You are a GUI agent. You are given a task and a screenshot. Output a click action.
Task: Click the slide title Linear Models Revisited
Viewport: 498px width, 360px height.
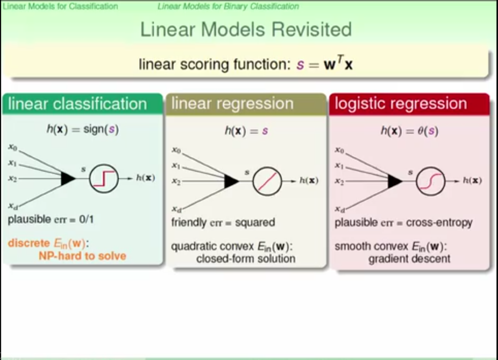pyautogui.click(x=246, y=30)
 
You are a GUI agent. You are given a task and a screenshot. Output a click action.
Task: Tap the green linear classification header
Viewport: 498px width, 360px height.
pyautogui.click(x=78, y=104)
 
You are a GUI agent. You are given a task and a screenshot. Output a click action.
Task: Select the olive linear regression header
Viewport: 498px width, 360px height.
pyautogui.click(x=233, y=103)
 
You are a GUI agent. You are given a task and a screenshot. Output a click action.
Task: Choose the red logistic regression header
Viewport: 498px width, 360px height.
pyautogui.click(x=401, y=103)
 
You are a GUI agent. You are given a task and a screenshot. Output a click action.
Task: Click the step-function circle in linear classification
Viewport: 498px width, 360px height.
pyautogui.click(x=104, y=178)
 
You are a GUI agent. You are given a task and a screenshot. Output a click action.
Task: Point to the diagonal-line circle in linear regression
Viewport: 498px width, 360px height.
pyautogui.click(x=267, y=181)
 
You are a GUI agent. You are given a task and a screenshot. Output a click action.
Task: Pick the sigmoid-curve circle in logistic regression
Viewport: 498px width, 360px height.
pyautogui.click(x=431, y=181)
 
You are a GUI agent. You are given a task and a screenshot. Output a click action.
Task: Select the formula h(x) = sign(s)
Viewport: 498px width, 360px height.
pyautogui.click(x=82, y=130)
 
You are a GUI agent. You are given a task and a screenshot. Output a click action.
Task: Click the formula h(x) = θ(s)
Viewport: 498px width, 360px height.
pyautogui.click(x=409, y=131)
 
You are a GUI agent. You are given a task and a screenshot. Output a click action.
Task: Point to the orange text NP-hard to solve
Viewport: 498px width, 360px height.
pyautogui.click(x=82, y=256)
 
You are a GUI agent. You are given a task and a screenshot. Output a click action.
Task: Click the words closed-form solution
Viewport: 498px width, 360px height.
pyautogui.click(x=245, y=259)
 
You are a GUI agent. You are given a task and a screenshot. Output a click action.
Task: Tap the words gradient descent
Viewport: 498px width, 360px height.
pyautogui.click(x=409, y=259)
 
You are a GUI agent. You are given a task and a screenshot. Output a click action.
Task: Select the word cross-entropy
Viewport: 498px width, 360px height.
pyautogui.click(x=439, y=223)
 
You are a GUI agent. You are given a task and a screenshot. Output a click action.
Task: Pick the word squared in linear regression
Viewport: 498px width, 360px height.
pyautogui.click(x=255, y=223)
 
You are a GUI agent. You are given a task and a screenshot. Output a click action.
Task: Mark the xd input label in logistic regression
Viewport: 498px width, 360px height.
pyautogui.click(x=340, y=209)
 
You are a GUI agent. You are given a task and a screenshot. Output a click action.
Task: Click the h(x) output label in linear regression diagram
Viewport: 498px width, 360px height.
pyautogui.click(x=309, y=181)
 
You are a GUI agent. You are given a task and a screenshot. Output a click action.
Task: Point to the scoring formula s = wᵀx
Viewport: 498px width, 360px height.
pyautogui.click(x=324, y=65)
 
